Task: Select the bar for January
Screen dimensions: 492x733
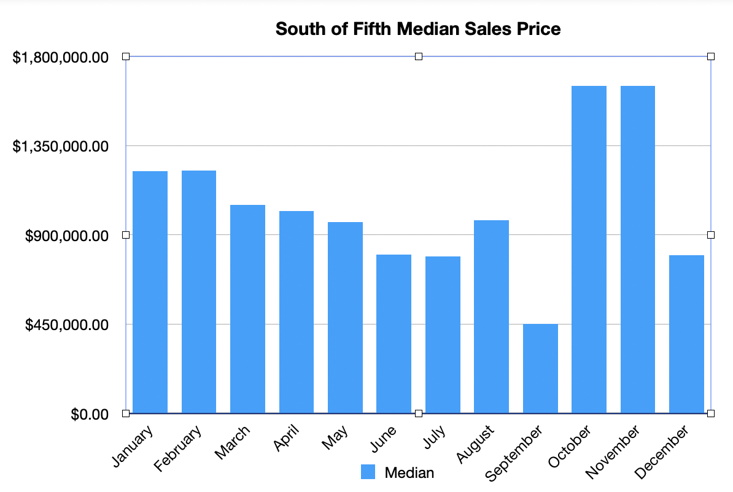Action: pos(150,292)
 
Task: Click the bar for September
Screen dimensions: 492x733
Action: pos(540,368)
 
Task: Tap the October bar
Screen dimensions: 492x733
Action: pos(589,249)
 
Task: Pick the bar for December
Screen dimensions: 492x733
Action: pos(686,334)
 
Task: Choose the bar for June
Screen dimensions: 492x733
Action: pos(394,333)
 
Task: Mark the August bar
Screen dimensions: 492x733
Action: pos(491,316)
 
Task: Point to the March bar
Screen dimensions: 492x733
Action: pos(247,309)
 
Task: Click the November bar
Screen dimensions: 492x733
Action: pos(637,249)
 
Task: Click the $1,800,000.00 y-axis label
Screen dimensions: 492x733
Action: pos(61,57)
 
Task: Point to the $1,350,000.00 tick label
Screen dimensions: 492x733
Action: pos(61,147)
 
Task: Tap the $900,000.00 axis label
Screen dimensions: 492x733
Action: pos(67,236)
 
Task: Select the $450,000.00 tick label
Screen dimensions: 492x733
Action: pos(67,325)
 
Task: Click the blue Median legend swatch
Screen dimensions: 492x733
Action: pos(368,472)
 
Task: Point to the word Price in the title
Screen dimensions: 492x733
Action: pos(539,29)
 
